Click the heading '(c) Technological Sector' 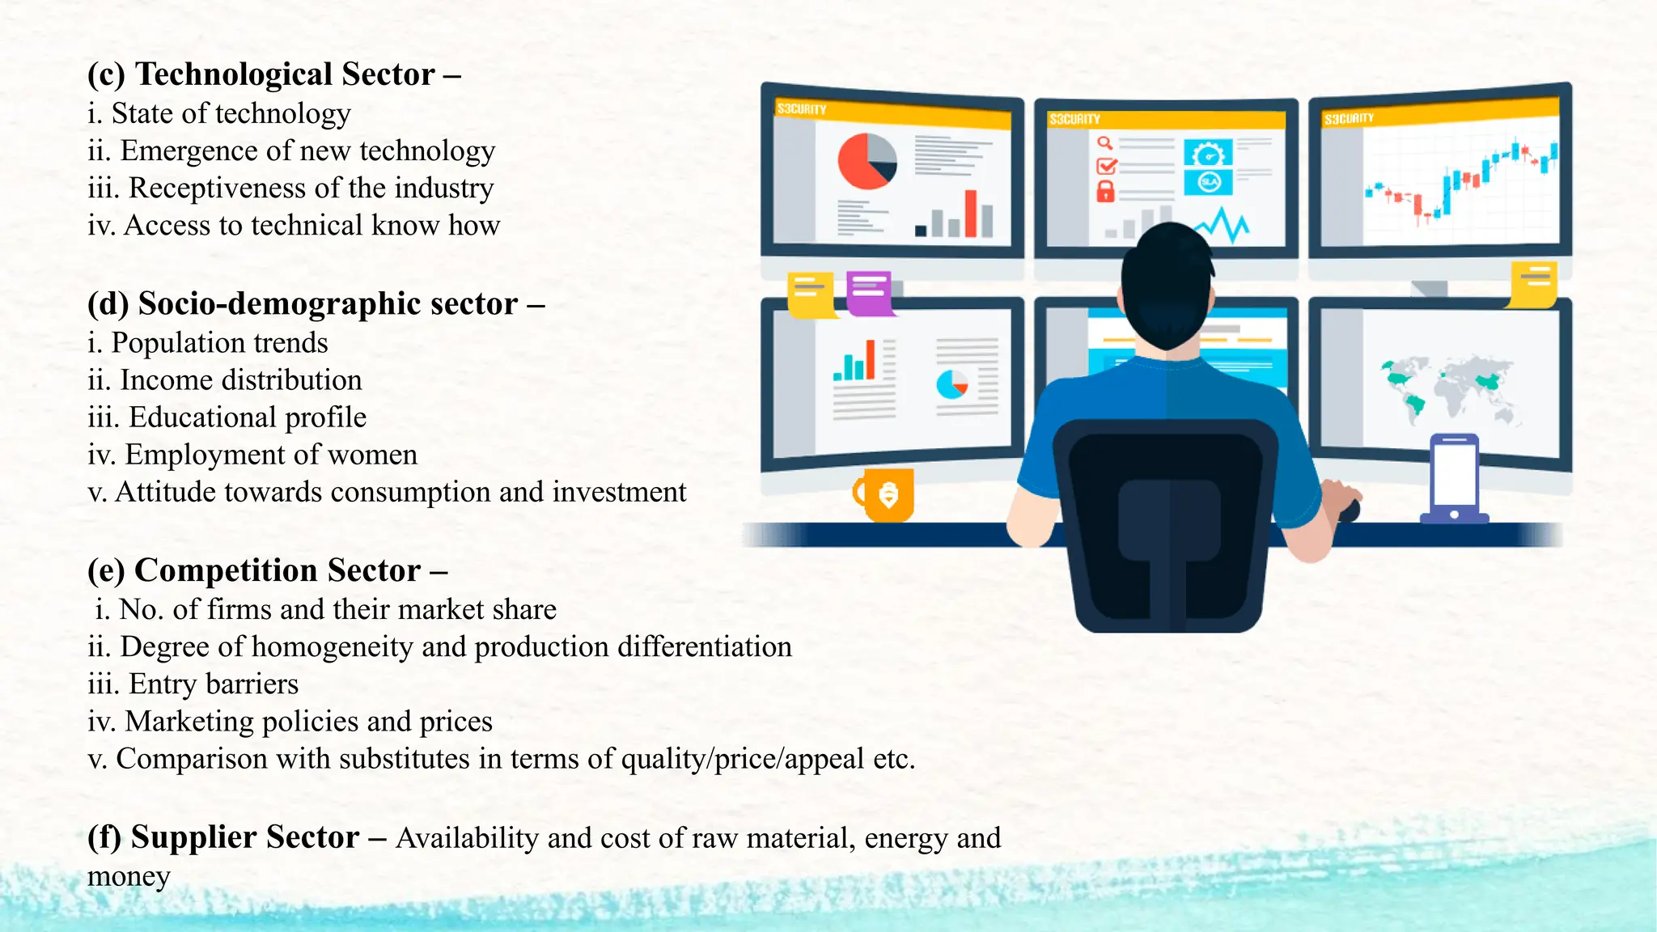(273, 74)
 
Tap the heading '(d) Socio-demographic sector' (316, 304)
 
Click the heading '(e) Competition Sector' (267, 571)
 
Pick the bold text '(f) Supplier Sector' (223, 837)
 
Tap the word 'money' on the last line (129, 876)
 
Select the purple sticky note (870, 293)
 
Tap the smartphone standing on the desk (1454, 477)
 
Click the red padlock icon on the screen (1105, 192)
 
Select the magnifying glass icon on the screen (1104, 143)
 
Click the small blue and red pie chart (951, 383)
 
